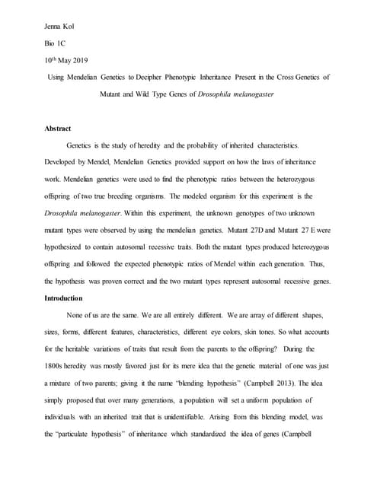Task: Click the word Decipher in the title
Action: click(x=167, y=78)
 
